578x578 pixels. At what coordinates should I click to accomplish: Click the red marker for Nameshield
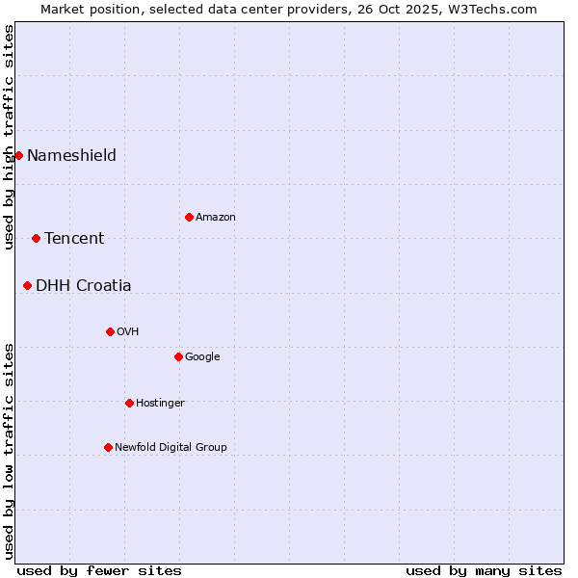click(18, 155)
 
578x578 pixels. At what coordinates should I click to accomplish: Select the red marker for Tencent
click(36, 238)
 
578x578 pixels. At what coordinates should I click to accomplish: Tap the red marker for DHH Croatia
click(27, 285)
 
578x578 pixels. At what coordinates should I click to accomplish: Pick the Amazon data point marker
click(189, 217)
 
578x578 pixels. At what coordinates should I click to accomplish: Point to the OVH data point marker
click(110, 331)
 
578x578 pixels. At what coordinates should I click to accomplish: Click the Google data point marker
click(178, 356)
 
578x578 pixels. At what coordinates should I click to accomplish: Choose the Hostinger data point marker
click(129, 403)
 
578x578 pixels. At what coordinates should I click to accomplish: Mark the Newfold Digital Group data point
click(108, 447)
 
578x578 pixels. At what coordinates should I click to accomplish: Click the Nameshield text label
click(71, 155)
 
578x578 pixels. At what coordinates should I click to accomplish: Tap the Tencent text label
click(74, 238)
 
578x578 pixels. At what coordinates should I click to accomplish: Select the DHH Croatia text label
click(84, 285)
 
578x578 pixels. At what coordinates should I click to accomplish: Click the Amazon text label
click(216, 217)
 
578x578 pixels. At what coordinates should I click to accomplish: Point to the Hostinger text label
click(160, 403)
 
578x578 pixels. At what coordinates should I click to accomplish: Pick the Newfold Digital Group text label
click(171, 447)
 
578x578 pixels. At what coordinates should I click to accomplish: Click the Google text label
click(202, 356)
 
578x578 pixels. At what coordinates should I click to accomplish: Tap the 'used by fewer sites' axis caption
click(99, 570)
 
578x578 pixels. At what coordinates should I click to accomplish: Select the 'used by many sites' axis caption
click(484, 570)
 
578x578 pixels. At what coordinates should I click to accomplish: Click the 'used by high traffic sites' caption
click(9, 137)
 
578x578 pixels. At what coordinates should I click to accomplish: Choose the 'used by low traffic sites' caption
click(9, 451)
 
